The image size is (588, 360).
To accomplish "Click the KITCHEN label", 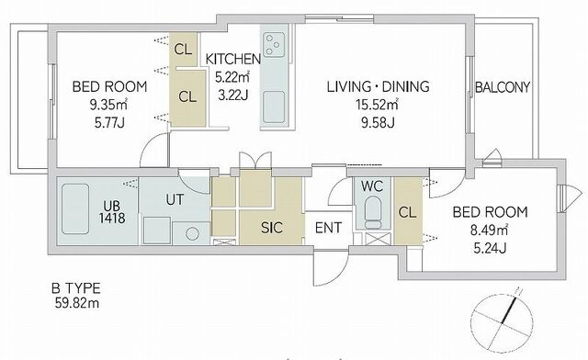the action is [x=232, y=59].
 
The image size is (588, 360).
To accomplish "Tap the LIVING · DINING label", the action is [x=378, y=86].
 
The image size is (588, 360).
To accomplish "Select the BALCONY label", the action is [x=503, y=87].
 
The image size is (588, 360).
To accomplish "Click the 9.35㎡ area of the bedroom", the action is [x=108, y=105].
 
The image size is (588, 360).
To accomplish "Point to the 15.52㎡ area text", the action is [x=377, y=105].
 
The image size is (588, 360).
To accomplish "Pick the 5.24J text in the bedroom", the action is [x=490, y=248].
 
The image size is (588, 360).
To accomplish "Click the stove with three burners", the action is [x=274, y=45].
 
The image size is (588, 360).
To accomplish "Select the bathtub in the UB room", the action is [x=75, y=208].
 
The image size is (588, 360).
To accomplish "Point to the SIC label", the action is [x=272, y=228].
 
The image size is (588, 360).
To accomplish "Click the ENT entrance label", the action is [x=328, y=228].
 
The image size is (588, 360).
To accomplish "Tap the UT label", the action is [x=175, y=199].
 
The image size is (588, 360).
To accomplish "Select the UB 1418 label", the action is [x=112, y=212].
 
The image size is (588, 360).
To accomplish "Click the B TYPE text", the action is [x=76, y=288].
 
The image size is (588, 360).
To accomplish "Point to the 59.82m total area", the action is [x=77, y=303].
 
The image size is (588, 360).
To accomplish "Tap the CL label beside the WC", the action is [x=408, y=213].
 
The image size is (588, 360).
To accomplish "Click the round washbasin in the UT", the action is [x=192, y=234].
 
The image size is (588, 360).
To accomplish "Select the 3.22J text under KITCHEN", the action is [x=232, y=95].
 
